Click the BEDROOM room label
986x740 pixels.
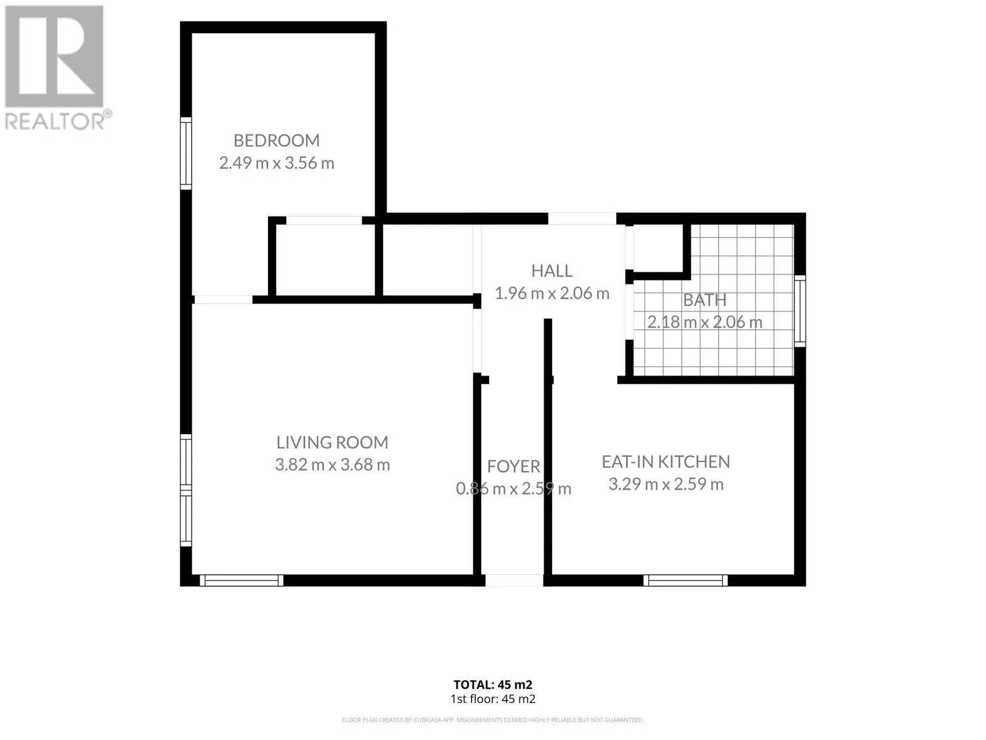click(x=276, y=141)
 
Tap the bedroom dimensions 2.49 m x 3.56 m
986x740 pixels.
click(x=276, y=163)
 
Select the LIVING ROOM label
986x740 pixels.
click(x=332, y=442)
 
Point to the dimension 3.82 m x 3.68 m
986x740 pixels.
click(x=332, y=464)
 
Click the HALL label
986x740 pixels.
click(x=552, y=271)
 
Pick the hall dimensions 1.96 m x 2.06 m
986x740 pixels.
click(x=552, y=293)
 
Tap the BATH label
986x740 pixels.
click(x=704, y=300)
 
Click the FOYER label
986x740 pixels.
click(x=513, y=466)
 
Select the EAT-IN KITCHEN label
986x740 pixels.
click(x=666, y=461)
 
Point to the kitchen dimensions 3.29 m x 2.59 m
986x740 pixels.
click(x=666, y=484)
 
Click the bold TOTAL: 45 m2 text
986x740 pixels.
click(x=493, y=684)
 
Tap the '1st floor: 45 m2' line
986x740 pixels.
click(x=493, y=699)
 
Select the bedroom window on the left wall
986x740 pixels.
click(x=185, y=154)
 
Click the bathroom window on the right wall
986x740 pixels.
click(x=799, y=311)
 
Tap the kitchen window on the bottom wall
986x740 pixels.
click(x=685, y=580)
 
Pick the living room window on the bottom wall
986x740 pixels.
click(x=242, y=580)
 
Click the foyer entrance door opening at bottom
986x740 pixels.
click(x=514, y=580)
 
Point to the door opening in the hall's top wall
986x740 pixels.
click(x=582, y=219)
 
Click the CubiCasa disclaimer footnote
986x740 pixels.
click(x=493, y=720)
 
